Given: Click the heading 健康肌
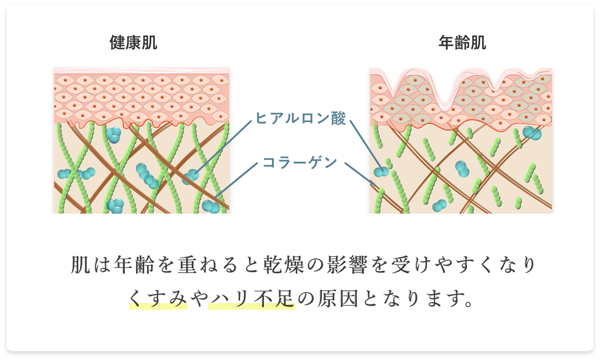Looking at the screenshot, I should point(133,43).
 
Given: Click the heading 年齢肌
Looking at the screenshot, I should point(462,43).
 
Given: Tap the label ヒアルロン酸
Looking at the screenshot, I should point(300,118).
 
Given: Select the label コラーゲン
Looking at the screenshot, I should point(300,162).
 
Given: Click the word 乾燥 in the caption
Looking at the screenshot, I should point(284,265).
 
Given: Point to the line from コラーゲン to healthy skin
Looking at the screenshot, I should point(236,181).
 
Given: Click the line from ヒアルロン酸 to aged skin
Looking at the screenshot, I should point(366,145).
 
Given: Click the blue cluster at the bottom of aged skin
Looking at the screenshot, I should point(440,206).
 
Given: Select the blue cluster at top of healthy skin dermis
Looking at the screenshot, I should point(114,135).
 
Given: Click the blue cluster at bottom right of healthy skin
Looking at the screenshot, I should point(211,207).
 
